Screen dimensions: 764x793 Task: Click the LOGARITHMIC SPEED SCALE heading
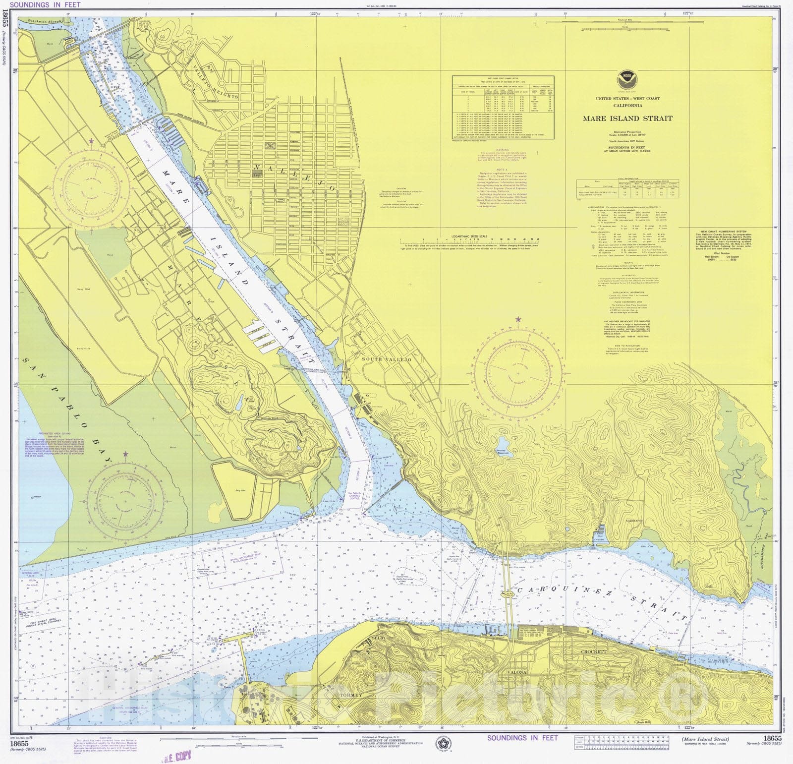coord(465,236)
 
